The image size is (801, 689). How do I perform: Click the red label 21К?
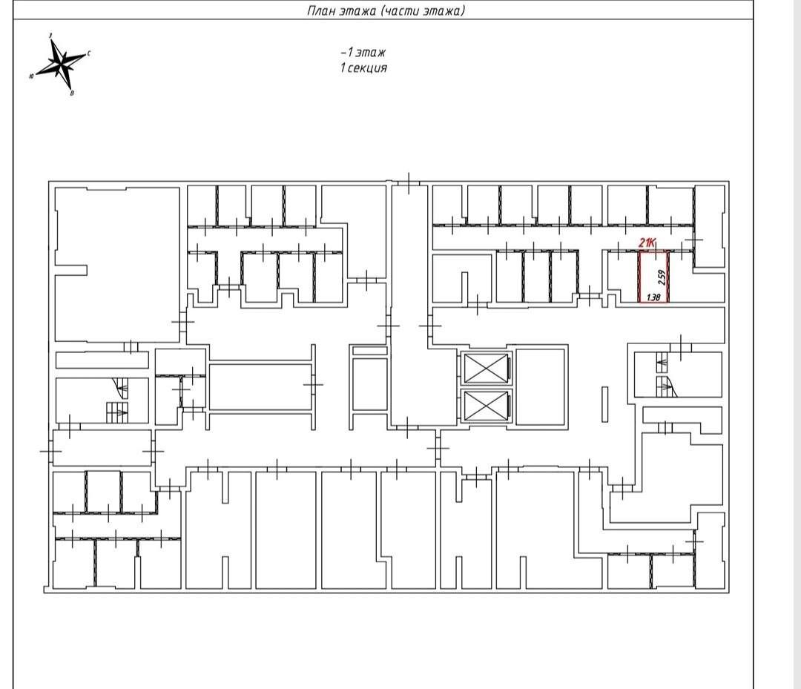[x=647, y=243]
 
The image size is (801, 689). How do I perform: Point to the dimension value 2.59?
[x=662, y=277]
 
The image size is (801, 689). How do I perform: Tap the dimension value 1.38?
[x=653, y=297]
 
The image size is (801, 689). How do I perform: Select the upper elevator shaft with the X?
[x=486, y=368]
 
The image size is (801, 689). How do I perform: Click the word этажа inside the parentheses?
[x=443, y=10]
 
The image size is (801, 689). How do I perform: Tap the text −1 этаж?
[x=363, y=52]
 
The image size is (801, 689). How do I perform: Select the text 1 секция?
[x=363, y=67]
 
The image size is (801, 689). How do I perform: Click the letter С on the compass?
[x=89, y=53]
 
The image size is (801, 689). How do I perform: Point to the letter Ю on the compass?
[x=32, y=76]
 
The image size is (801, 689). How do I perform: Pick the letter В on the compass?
[x=71, y=93]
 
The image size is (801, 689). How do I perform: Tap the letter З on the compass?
[x=50, y=36]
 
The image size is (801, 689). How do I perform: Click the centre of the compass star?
[x=62, y=64]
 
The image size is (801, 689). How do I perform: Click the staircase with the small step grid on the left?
[x=117, y=412]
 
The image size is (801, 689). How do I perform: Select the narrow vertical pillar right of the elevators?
[x=605, y=404]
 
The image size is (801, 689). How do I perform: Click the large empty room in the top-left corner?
[x=117, y=265]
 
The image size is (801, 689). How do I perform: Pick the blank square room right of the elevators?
[x=541, y=386]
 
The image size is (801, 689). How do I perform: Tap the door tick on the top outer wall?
[x=409, y=183]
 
